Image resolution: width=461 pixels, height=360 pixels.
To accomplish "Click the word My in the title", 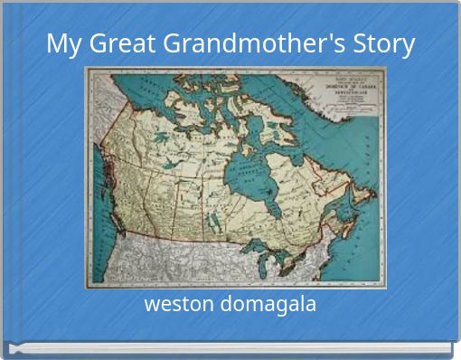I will (62, 43).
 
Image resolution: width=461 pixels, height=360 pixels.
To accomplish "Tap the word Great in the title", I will (115, 43).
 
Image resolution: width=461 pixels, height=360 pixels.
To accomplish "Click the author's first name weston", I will (175, 304).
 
